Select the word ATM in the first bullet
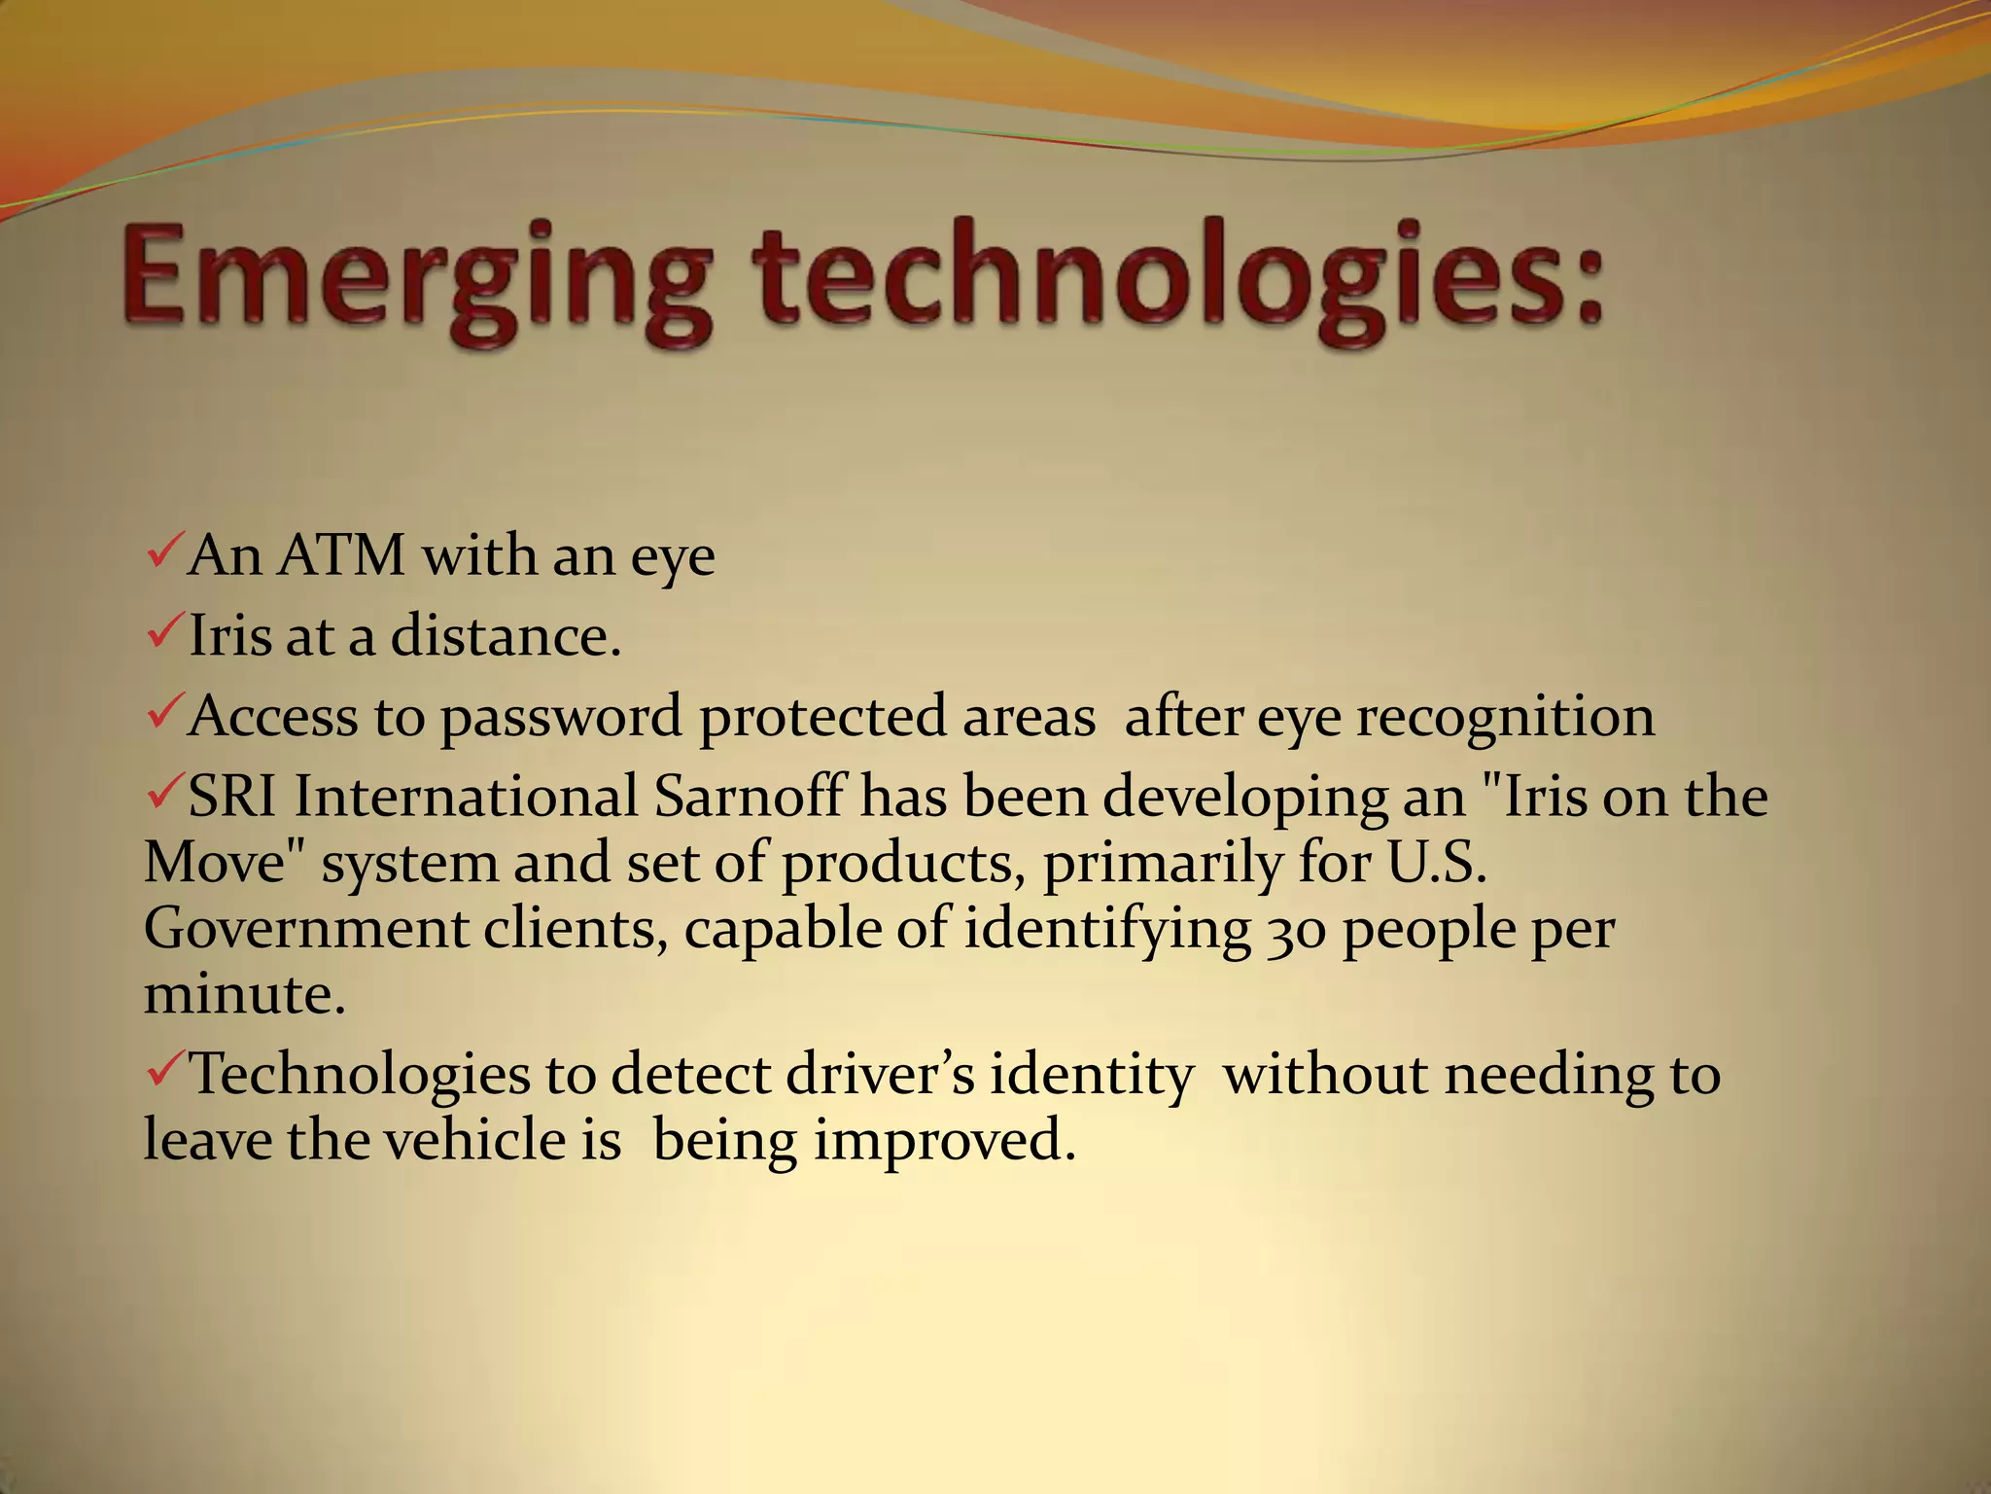[340, 556]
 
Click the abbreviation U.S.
[1438, 864]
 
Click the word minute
[244, 995]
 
